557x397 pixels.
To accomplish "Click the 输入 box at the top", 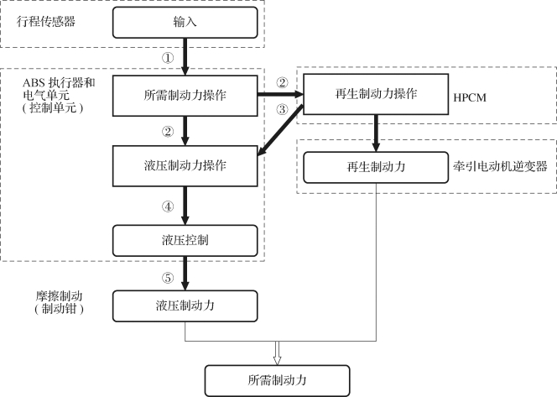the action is pos(185,23).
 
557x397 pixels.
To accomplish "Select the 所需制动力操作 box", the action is pos(185,96).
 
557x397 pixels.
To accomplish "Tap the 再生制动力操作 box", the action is pos(376,94).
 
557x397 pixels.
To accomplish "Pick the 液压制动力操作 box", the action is pos(185,166).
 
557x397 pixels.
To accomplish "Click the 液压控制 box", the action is pos(185,241).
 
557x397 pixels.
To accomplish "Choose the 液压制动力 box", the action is pos(185,306).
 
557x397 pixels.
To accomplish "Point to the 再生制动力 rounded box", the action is pos(376,167).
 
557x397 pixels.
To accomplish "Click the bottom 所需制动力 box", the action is pos(278,381).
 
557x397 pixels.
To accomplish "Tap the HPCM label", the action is pos(470,97).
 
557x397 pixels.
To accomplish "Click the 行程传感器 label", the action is pos(46,22).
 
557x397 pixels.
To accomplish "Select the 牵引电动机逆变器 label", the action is pos(500,166).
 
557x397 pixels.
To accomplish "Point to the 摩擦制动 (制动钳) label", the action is pos(59,302).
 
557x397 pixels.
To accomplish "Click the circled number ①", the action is pos(168,58).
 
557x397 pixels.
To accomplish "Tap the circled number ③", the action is pos(282,109).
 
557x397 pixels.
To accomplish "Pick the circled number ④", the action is pos(168,206).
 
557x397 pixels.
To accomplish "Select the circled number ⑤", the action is pos(168,278).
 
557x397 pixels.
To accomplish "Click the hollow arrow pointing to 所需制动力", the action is pos(278,353).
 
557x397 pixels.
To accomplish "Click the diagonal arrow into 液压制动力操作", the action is pos(280,130).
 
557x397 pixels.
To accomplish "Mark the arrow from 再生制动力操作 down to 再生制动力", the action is pos(376,133).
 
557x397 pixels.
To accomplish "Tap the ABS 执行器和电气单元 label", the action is pos(59,95).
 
